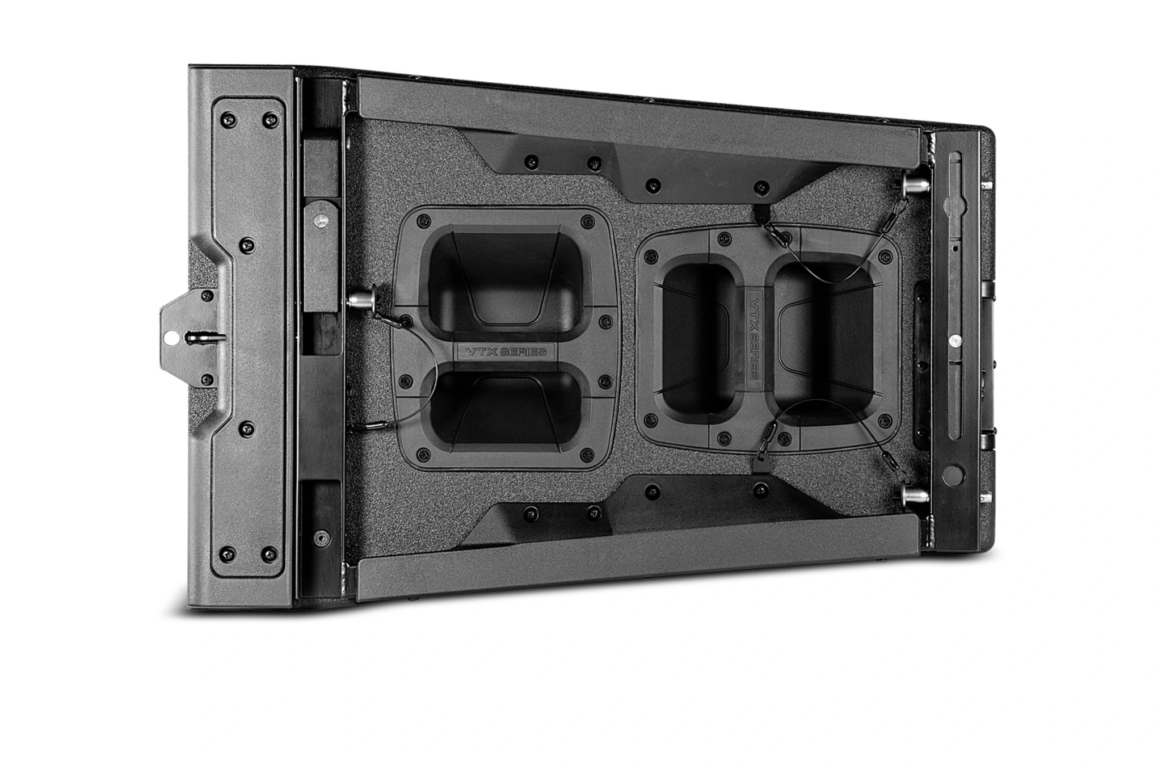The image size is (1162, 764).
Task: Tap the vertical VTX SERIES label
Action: (756, 335)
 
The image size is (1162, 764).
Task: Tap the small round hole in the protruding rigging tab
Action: (169, 337)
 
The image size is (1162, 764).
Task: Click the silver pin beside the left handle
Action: (359, 299)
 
